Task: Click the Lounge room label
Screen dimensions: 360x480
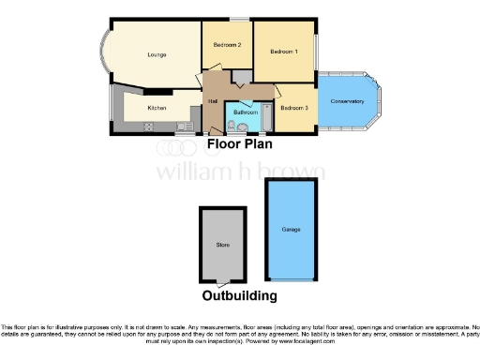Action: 157,55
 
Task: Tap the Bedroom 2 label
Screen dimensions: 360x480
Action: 227,45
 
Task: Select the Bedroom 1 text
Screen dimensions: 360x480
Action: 284,51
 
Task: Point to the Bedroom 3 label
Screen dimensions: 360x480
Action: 293,108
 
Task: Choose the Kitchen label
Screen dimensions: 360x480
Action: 157,108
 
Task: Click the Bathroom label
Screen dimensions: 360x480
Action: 246,112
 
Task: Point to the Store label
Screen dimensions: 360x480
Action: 222,245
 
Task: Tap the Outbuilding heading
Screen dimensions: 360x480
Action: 240,295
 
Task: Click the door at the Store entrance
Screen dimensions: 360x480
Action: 221,281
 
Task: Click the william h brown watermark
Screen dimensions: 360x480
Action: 240,172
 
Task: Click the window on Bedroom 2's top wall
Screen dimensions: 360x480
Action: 240,20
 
